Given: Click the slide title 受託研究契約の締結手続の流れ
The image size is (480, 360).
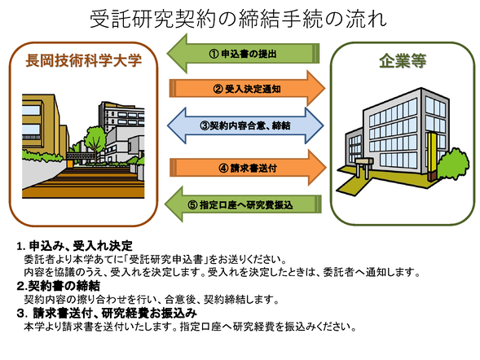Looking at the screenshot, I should point(239,17).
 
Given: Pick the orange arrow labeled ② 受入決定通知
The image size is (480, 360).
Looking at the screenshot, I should point(244,87).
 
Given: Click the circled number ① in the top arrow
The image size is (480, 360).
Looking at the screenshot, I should point(214,54).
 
